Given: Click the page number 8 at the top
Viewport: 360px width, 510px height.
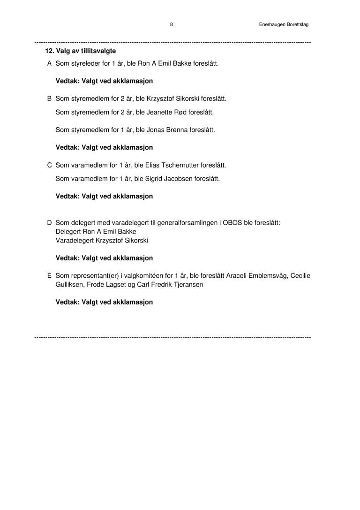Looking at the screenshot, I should pos(172,24).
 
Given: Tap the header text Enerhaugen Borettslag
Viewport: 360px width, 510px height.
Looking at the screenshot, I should pos(284,24).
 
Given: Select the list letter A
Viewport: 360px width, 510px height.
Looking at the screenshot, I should pos(49,63).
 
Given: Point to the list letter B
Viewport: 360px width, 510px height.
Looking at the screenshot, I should pos(49,99).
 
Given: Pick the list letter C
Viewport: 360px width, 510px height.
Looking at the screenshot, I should pos(49,165).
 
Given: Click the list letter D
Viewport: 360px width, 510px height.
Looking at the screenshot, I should pos(49,222).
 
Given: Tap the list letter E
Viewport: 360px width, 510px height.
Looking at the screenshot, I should pos(49,275).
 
